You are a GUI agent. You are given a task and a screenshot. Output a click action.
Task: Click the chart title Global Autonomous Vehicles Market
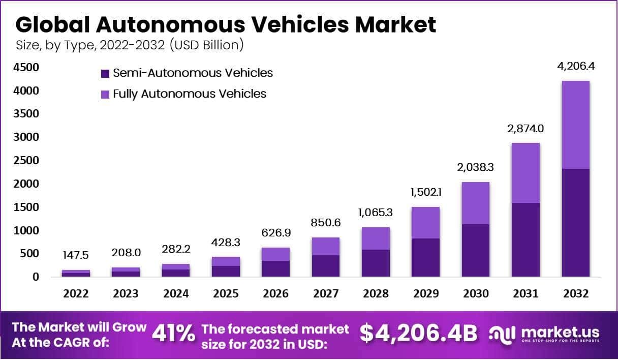click(x=226, y=25)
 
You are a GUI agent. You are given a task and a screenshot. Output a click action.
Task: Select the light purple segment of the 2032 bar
click(x=575, y=125)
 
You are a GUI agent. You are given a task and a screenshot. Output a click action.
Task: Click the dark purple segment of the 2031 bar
click(x=526, y=239)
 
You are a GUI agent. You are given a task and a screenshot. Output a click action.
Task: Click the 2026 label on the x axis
click(x=275, y=294)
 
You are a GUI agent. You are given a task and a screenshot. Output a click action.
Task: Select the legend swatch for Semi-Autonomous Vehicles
click(x=105, y=73)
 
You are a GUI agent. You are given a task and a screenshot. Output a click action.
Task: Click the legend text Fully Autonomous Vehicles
click(x=189, y=94)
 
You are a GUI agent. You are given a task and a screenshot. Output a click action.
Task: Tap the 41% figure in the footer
click(x=173, y=334)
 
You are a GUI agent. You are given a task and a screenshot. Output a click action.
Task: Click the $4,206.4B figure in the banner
click(x=418, y=334)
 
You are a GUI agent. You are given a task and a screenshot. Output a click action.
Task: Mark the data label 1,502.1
click(x=425, y=193)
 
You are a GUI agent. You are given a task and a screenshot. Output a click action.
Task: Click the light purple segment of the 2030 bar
click(x=476, y=203)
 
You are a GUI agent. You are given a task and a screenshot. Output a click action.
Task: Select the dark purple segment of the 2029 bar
click(x=425, y=257)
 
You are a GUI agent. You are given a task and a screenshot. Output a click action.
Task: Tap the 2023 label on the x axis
click(x=126, y=294)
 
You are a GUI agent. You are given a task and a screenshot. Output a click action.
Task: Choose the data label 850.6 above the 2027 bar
click(x=326, y=222)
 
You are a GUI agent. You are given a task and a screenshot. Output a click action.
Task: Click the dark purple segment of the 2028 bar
click(x=376, y=263)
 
